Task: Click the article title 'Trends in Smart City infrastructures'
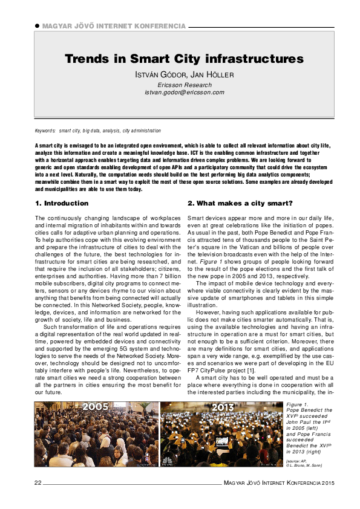point(184,59)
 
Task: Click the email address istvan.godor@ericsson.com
point(184,92)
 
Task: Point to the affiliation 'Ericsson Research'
point(184,85)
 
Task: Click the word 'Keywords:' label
point(45,131)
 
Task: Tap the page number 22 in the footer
point(38,482)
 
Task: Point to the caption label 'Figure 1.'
point(298,404)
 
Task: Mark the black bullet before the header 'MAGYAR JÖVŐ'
point(37,27)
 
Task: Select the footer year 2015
point(327,482)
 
